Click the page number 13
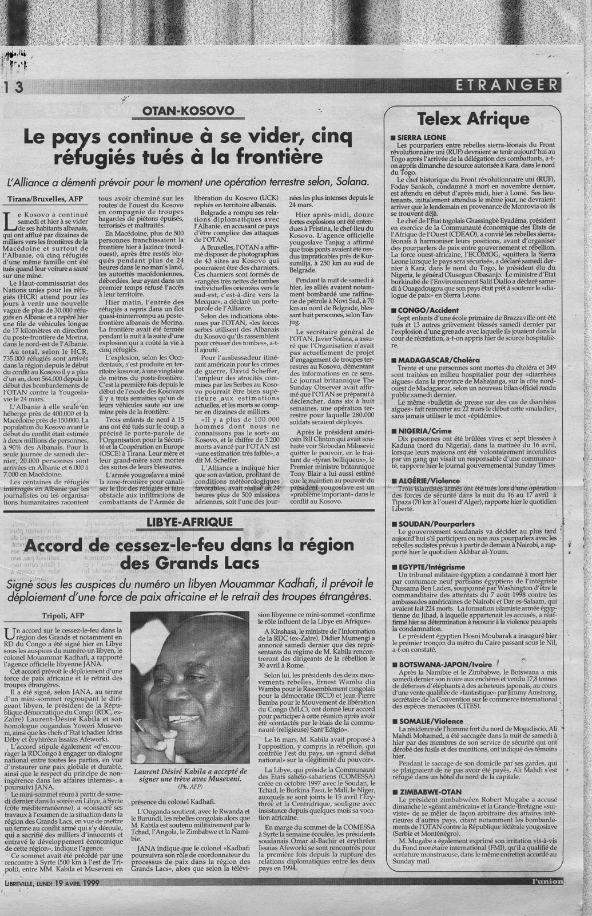click(x=13, y=86)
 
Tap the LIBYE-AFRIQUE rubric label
click(x=189, y=522)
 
